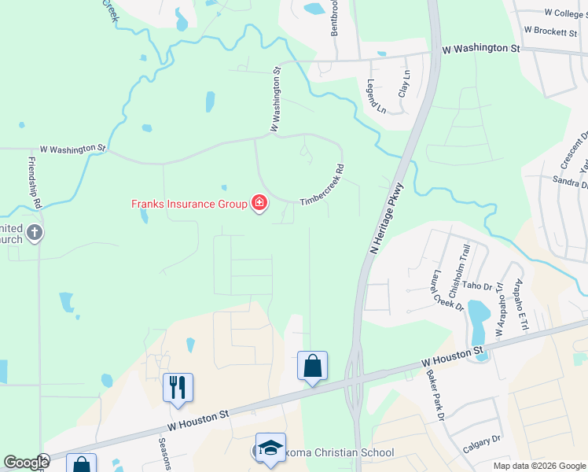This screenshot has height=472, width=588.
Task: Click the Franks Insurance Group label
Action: click(x=189, y=204)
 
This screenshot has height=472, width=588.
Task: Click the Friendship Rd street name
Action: click(x=33, y=182)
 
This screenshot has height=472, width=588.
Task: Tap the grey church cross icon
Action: click(x=34, y=233)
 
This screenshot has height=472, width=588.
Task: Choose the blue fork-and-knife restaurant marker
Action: click(x=178, y=386)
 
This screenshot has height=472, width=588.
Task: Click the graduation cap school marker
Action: click(x=270, y=448)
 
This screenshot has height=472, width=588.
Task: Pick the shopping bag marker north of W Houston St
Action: click(x=312, y=365)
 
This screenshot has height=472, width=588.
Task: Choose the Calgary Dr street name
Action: click(x=482, y=444)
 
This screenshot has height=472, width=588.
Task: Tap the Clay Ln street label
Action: click(x=406, y=83)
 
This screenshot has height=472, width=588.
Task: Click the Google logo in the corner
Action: click(x=25, y=463)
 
